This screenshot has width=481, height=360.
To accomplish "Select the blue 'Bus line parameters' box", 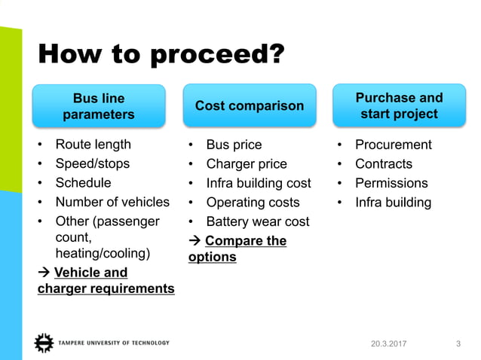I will [x=99, y=106].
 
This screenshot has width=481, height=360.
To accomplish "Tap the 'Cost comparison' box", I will [x=250, y=106].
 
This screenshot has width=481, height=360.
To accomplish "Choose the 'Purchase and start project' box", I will [x=399, y=106].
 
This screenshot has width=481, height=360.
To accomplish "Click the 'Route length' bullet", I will [x=93, y=145].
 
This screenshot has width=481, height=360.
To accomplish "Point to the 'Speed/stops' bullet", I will [x=92, y=163].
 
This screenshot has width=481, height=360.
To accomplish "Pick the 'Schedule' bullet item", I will [x=83, y=183].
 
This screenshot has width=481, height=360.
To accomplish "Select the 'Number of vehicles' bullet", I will [x=112, y=202].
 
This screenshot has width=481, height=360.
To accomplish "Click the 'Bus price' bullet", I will [x=234, y=145].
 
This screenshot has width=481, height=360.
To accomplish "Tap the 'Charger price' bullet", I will [x=247, y=163].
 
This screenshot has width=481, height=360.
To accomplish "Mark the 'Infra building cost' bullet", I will [x=259, y=183].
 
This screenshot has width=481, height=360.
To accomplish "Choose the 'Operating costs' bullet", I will [x=253, y=202].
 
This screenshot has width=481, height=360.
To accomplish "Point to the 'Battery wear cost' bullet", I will [x=257, y=221].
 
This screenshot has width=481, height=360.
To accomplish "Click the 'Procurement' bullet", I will [x=394, y=145].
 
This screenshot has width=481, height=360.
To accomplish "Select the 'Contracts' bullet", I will [x=384, y=163].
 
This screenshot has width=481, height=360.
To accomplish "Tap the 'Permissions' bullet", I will [x=391, y=183].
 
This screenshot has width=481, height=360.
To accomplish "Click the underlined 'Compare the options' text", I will [x=237, y=249].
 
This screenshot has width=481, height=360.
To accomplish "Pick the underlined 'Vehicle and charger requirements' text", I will [x=106, y=280].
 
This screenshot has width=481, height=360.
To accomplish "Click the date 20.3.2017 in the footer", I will [x=388, y=344].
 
